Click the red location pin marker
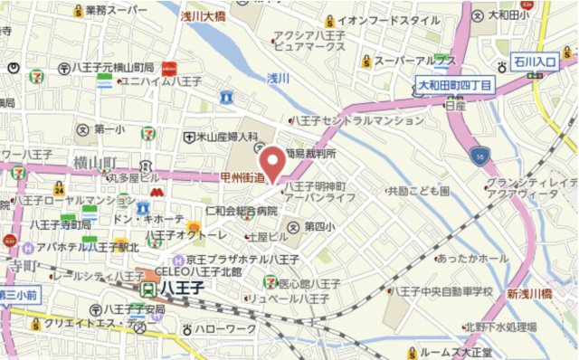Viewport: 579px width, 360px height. pos(271,163)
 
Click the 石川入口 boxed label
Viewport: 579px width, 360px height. pos(535,62)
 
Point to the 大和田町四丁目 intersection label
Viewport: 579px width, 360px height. pos(455,85)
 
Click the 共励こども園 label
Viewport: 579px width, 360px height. pos(419,192)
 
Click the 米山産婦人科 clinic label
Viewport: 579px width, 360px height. pos(226,137)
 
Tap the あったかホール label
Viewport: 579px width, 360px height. pos(472,259)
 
